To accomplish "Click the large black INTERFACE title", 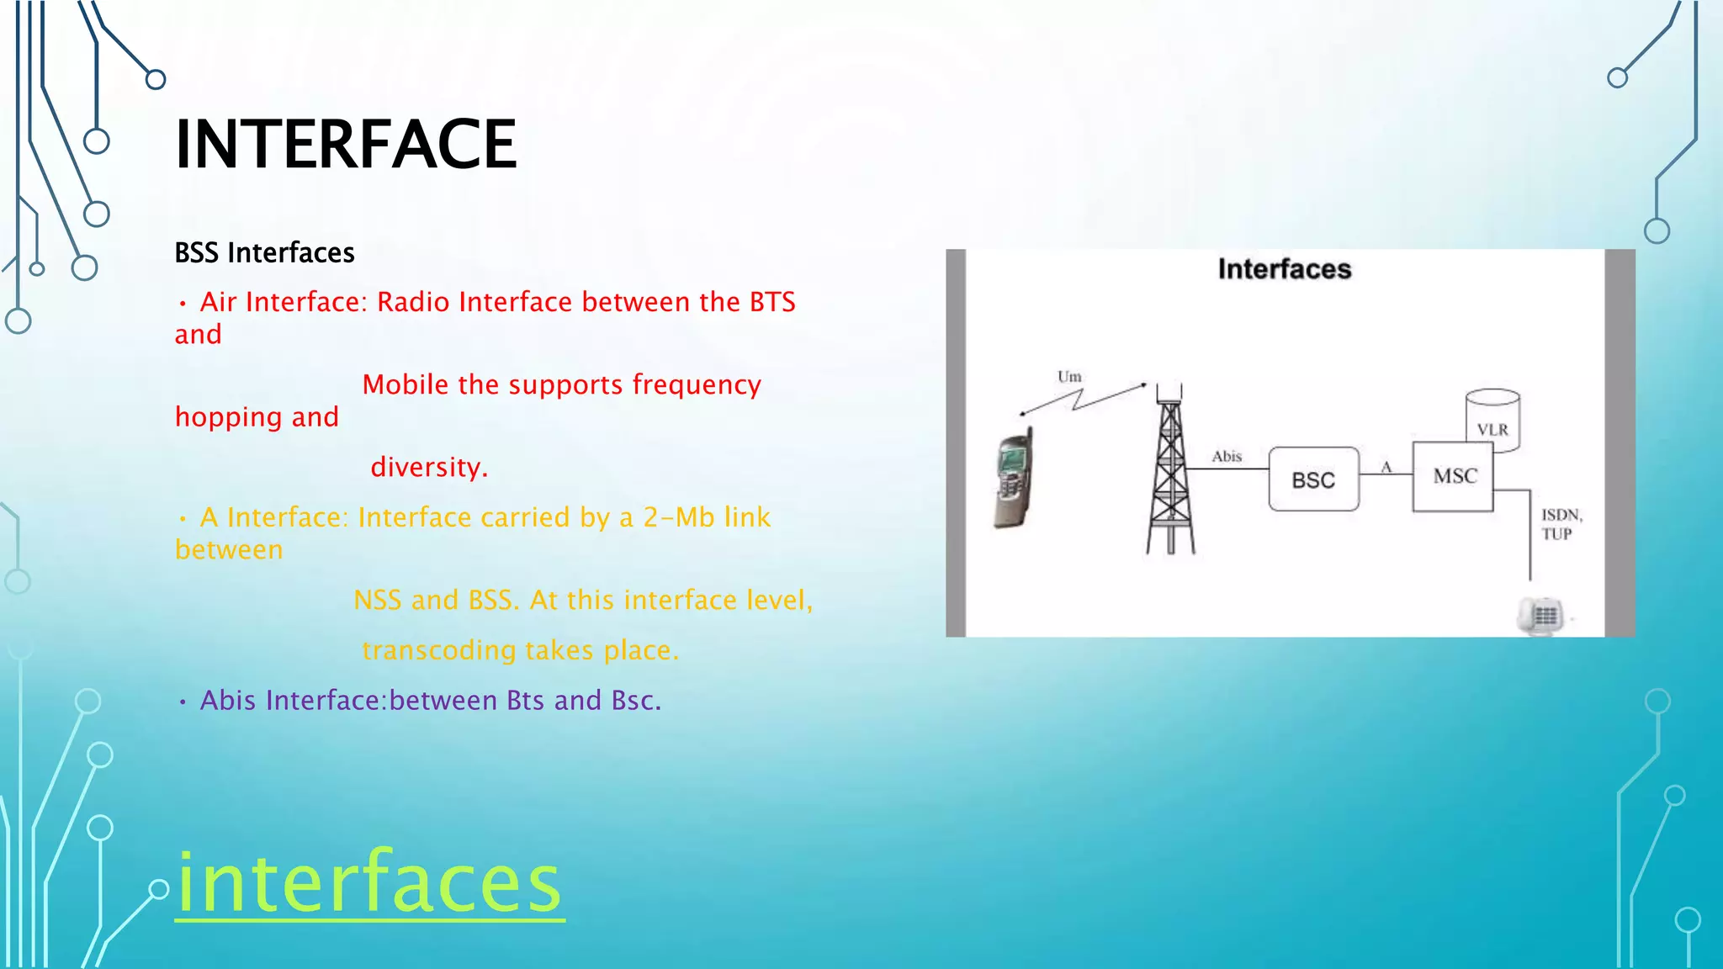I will [x=345, y=145].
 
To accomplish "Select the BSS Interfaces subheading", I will [x=264, y=253].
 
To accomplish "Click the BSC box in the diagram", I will [x=1313, y=479].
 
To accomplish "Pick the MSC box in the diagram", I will [x=1454, y=476].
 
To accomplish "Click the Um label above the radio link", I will [x=1069, y=377].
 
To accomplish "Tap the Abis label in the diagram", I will [x=1227, y=457].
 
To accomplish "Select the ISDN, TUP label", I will [x=1561, y=524].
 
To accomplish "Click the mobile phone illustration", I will [x=1013, y=480].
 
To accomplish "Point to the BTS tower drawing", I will [x=1170, y=471].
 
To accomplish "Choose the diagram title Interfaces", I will [x=1284, y=269].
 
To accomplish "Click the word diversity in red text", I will [x=428, y=467].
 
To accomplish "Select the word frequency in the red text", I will [x=697, y=384].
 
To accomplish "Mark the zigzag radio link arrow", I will [x=1083, y=399].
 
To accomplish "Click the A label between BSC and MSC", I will [x=1386, y=468].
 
